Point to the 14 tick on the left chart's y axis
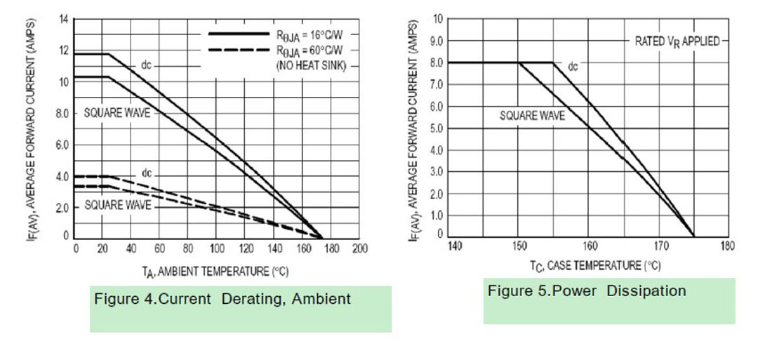point(63,18)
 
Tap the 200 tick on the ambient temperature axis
point(360,248)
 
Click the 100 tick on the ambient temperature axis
point(218,248)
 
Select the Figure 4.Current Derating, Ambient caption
point(222,299)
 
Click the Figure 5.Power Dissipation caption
point(587,291)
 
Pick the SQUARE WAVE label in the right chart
point(532,116)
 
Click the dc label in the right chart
point(573,67)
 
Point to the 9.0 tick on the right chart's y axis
point(435,41)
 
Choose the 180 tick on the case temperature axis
point(728,246)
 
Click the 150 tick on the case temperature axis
point(519,246)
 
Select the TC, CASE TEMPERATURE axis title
point(595,265)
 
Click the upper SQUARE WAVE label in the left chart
point(117,113)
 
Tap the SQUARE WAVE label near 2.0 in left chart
point(117,206)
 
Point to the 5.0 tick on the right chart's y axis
point(435,129)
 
